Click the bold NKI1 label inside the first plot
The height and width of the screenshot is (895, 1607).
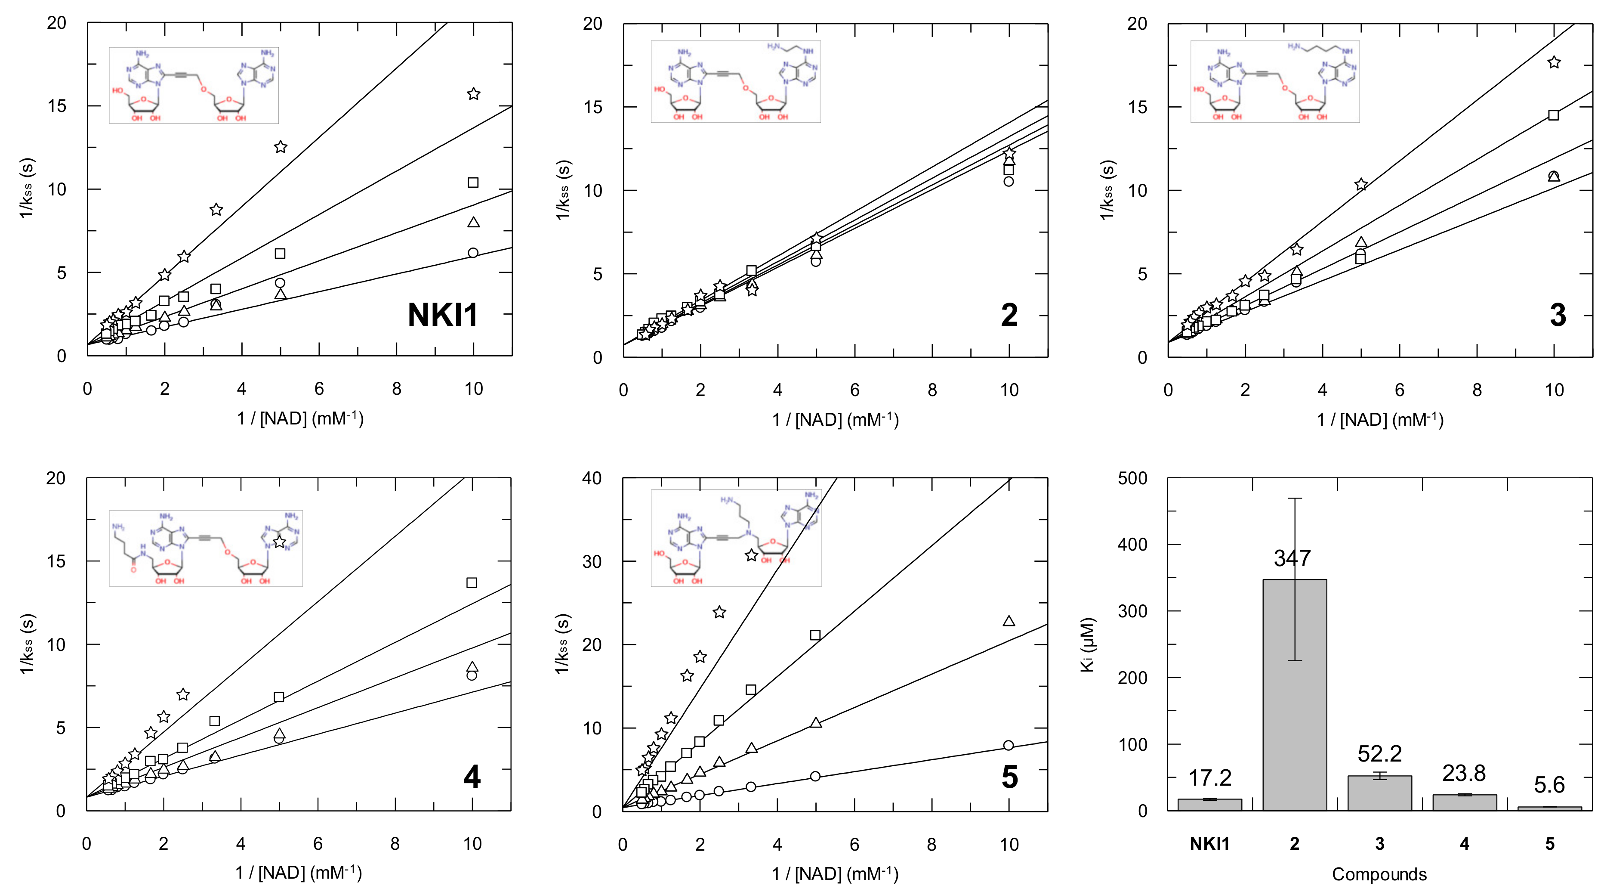pos(442,315)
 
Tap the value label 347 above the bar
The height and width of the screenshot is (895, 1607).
pos(1292,558)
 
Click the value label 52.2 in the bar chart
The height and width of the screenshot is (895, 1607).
pos(1379,754)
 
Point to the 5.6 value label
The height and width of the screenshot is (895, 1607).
pos(1549,784)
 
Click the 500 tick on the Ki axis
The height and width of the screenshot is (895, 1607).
pos(1132,478)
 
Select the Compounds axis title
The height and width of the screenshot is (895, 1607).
pos(1379,874)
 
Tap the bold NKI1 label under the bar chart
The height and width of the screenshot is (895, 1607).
pos(1209,844)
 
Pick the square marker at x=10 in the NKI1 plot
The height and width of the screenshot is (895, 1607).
pos(473,182)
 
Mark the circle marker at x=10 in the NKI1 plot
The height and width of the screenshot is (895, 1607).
pos(473,253)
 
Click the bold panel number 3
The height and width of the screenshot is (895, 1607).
pos(1558,315)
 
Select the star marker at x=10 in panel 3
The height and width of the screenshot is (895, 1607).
pos(1554,62)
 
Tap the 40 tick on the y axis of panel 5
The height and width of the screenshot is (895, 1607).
pos(592,478)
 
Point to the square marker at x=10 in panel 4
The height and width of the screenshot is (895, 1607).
pos(472,582)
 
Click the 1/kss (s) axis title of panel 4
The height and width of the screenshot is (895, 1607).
pos(27,644)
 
